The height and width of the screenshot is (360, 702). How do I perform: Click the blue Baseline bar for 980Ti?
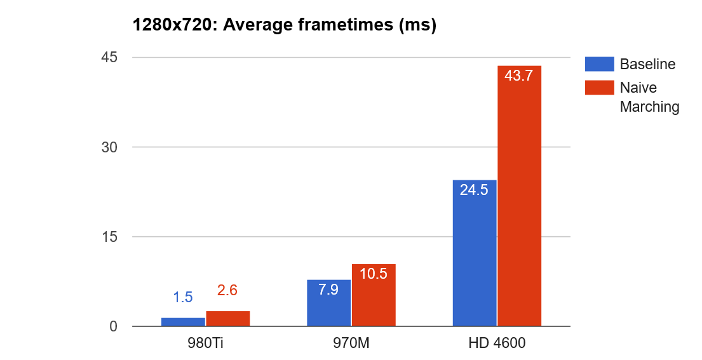[x=183, y=322]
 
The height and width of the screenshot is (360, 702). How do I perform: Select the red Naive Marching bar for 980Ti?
[x=227, y=319]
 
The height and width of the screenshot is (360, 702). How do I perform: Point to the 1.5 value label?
[x=183, y=297]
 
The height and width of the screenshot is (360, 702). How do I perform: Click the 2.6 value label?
[x=227, y=291]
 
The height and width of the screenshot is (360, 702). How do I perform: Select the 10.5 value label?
[x=374, y=274]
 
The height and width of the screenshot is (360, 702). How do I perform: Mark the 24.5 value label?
[x=475, y=190]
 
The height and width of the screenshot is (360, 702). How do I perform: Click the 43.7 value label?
[x=519, y=76]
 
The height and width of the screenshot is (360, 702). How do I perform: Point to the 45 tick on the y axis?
[x=109, y=58]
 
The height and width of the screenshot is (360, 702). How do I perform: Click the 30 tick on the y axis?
[x=109, y=147]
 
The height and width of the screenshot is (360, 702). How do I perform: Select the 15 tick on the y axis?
[x=109, y=237]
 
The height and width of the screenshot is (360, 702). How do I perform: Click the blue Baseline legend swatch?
[x=599, y=64]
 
